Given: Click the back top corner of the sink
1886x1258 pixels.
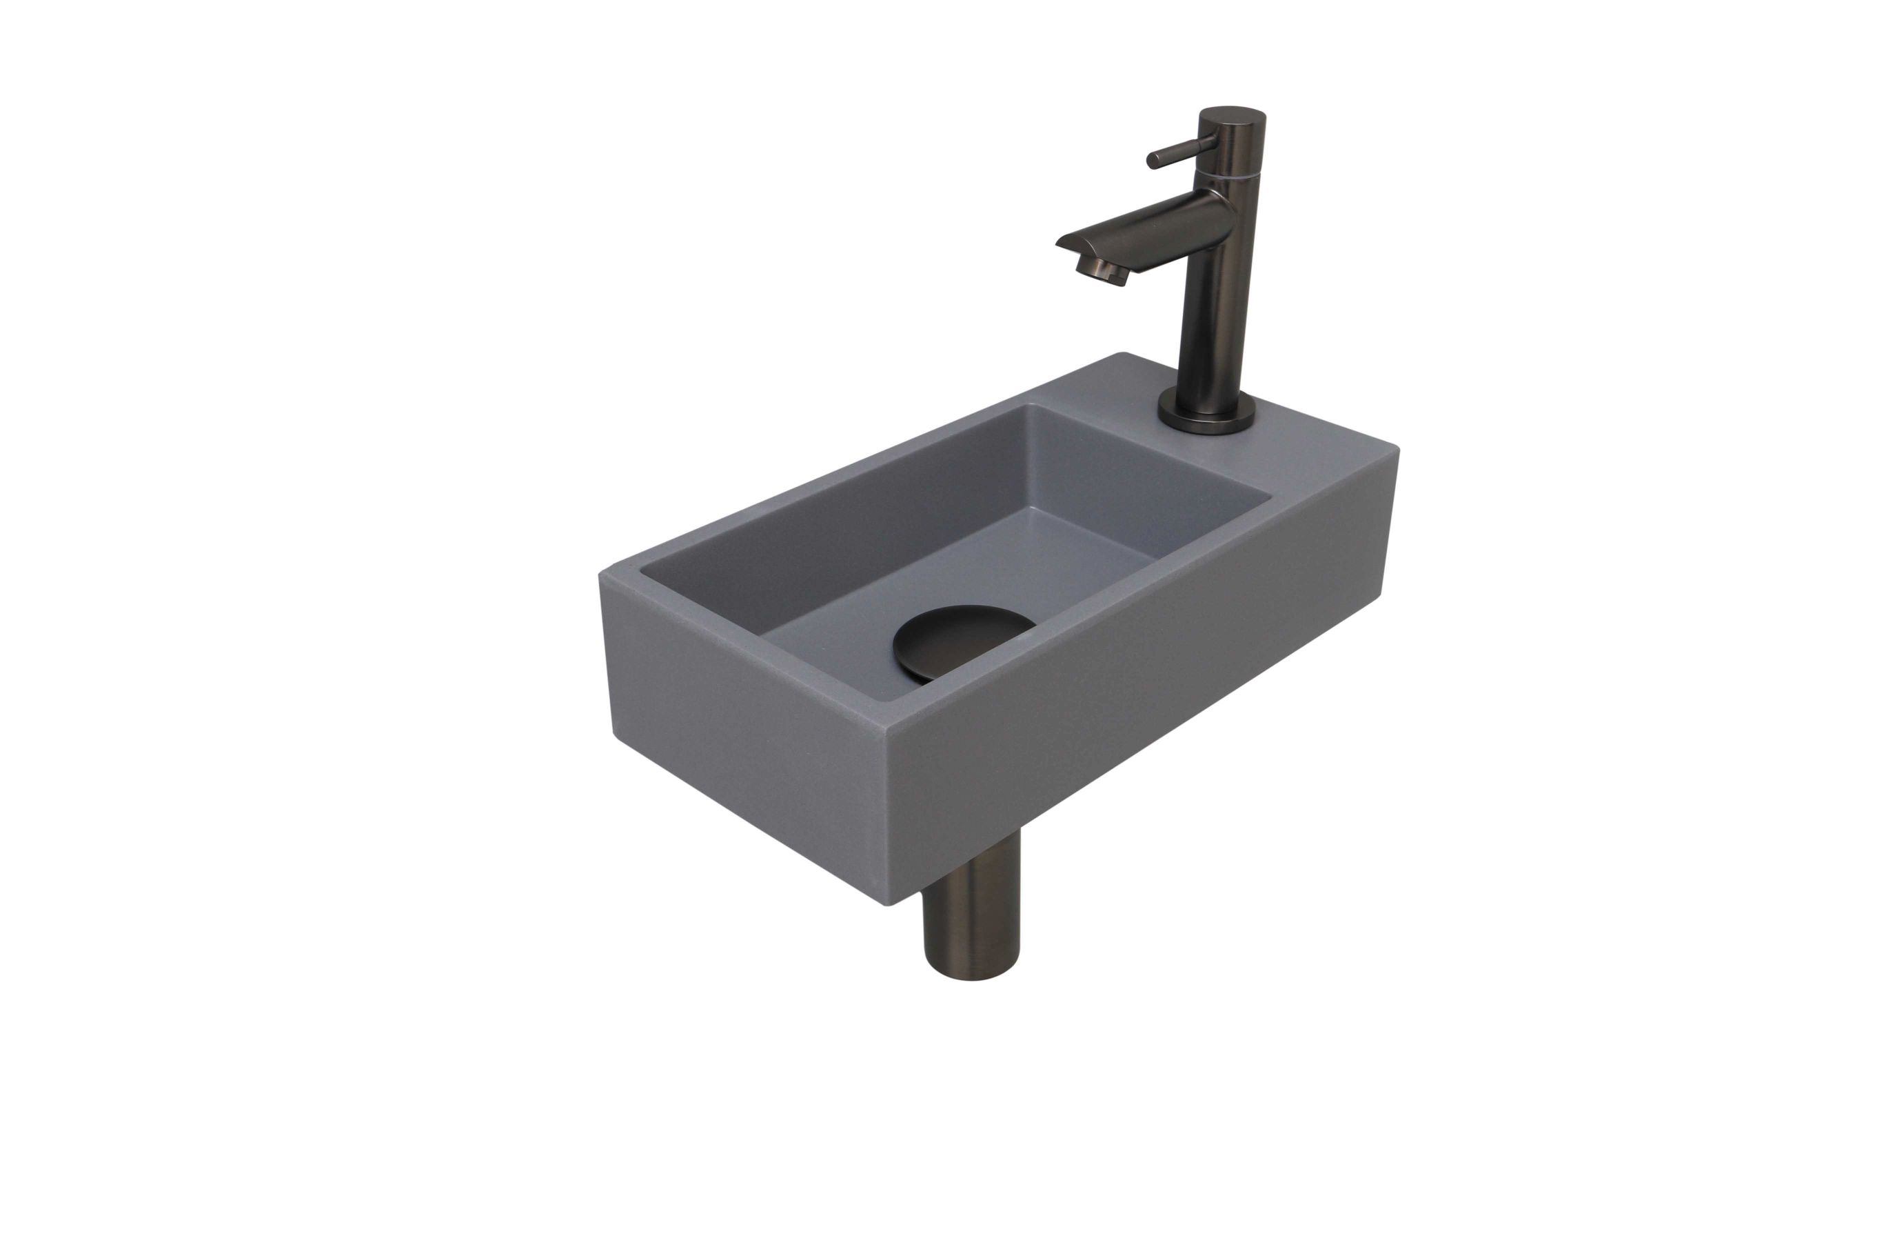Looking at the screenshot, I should click(1124, 355).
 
